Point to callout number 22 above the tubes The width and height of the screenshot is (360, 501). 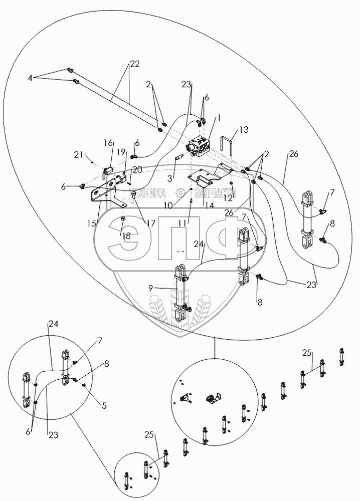[134, 64]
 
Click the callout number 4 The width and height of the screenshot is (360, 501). [31, 78]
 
